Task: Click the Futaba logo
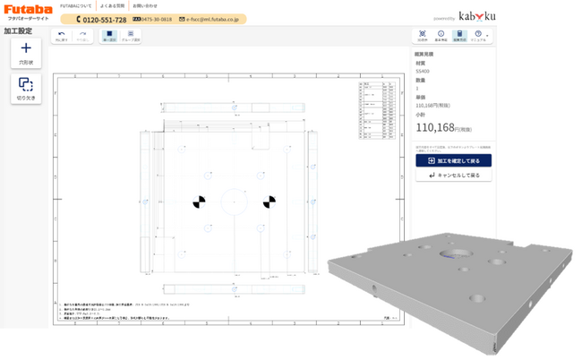click(28, 12)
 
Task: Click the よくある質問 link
click(113, 5)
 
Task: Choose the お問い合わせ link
click(145, 5)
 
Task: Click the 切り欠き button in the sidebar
click(26, 88)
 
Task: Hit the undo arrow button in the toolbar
click(62, 36)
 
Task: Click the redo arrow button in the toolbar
click(82, 36)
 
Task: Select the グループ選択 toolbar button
click(131, 36)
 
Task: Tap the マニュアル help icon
click(478, 36)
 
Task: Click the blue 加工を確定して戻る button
click(453, 160)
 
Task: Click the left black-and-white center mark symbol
click(199, 201)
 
